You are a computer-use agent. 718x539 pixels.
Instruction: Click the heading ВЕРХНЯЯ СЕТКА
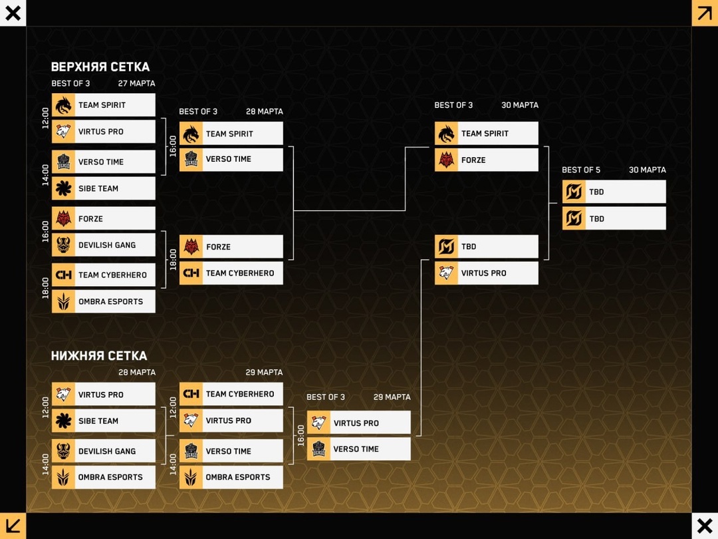tap(100, 67)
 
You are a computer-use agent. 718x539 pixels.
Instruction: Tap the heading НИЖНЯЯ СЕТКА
tap(99, 356)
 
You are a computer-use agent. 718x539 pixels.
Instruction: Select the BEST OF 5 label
tap(581, 170)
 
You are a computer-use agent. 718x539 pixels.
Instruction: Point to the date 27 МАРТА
tap(136, 84)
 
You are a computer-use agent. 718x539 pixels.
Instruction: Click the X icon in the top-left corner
tap(13, 13)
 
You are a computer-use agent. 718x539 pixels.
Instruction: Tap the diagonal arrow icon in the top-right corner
tap(705, 13)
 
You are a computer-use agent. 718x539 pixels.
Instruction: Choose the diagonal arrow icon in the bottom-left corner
tap(13, 526)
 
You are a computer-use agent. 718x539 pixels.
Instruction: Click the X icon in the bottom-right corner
tap(705, 526)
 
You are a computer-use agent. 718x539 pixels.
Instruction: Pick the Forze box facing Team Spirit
tap(486, 160)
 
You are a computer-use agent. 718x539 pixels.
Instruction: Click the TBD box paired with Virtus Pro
tap(486, 246)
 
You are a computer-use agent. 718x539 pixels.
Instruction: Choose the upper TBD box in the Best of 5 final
tap(614, 192)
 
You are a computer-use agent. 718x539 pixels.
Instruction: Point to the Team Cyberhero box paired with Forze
tap(231, 273)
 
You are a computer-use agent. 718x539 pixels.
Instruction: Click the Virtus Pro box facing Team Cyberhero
tap(231, 421)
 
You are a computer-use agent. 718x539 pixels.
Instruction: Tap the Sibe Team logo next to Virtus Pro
tap(63, 421)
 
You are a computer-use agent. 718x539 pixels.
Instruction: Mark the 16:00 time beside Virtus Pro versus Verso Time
tap(300, 435)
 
